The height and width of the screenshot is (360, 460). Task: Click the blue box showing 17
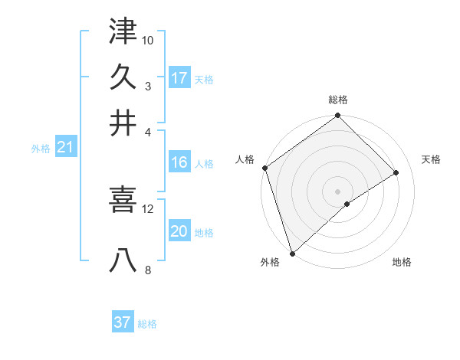(x=179, y=78)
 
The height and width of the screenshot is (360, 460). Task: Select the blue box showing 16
(x=179, y=162)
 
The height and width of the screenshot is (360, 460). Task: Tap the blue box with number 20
(x=179, y=232)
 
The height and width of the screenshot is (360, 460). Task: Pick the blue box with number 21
(x=65, y=149)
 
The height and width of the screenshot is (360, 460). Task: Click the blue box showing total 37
(x=123, y=322)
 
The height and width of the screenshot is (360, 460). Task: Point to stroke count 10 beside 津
(x=148, y=39)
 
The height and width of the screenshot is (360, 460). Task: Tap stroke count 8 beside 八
(x=147, y=270)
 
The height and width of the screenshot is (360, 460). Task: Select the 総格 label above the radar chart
(x=338, y=100)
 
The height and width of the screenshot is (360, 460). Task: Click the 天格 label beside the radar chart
(x=432, y=159)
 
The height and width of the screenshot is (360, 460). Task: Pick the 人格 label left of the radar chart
(x=245, y=159)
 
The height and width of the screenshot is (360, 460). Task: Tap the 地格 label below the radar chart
(x=402, y=263)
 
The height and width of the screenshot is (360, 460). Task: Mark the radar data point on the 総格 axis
(x=338, y=116)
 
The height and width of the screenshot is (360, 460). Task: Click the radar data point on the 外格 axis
(x=292, y=253)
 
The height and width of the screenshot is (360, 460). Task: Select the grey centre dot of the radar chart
(x=338, y=191)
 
